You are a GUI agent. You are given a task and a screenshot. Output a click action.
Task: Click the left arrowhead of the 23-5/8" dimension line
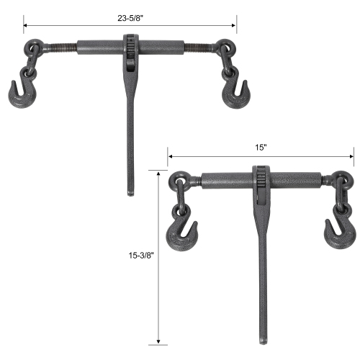click(26, 25)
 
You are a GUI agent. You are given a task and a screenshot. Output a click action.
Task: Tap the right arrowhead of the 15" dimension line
click(352, 155)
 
